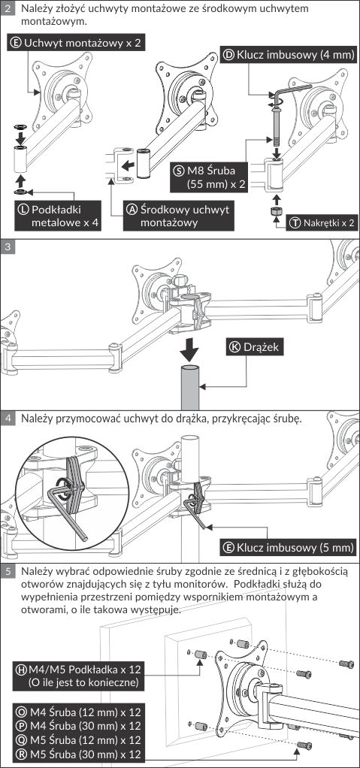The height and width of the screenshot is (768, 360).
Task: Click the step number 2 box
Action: (8, 8)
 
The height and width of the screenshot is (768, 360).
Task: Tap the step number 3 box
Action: (8, 246)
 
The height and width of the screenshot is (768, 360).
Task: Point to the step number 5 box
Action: (8, 570)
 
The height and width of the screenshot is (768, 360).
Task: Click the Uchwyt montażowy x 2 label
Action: (75, 43)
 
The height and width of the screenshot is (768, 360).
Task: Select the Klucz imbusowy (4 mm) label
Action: (288, 55)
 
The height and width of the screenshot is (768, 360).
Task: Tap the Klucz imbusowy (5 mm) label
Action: (288, 547)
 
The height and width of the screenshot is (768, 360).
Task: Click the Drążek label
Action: (255, 346)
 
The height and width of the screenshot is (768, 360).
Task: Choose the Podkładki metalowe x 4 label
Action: (59, 216)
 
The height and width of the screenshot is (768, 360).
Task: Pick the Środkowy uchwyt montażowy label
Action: (179, 216)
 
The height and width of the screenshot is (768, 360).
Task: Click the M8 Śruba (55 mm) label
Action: (209, 177)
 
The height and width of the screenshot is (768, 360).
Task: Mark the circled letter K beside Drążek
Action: (234, 347)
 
